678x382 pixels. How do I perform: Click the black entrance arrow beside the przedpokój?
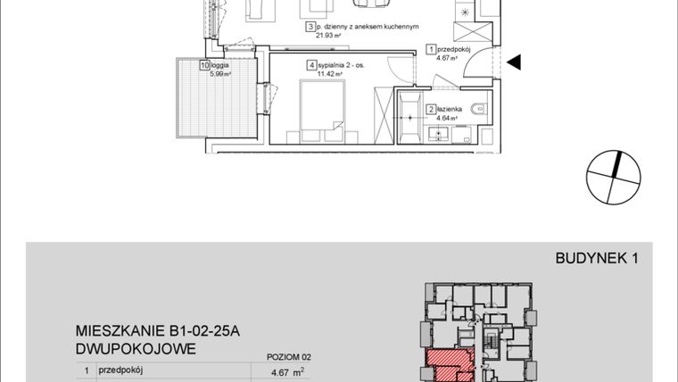pos(514,62)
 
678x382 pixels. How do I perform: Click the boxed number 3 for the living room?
pos(309,28)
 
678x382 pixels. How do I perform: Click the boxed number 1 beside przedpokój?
pos(431,50)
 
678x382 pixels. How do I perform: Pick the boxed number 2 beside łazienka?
pos(431,109)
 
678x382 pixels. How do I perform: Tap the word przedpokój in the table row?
pos(120,370)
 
